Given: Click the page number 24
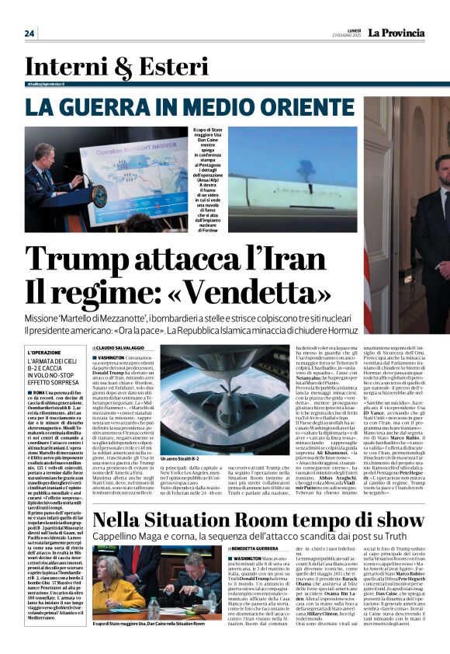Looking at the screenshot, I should pyautogui.click(x=29, y=33).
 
